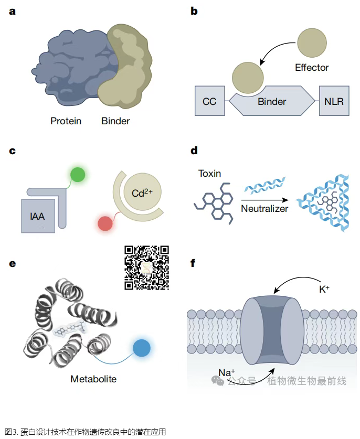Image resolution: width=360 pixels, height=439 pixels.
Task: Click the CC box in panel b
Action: point(209,101)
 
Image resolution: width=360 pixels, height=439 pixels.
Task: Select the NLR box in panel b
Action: point(334,101)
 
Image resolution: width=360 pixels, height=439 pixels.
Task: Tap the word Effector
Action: point(312,67)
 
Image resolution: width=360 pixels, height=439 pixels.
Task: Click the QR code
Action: point(146,267)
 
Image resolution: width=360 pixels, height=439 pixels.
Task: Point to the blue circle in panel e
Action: point(141,348)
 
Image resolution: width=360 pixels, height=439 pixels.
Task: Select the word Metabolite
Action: point(93,378)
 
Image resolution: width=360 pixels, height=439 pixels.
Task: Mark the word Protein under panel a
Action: point(66,121)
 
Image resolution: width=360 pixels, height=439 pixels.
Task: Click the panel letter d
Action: point(194,151)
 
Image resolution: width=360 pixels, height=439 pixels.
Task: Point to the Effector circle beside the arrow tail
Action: point(312,41)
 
